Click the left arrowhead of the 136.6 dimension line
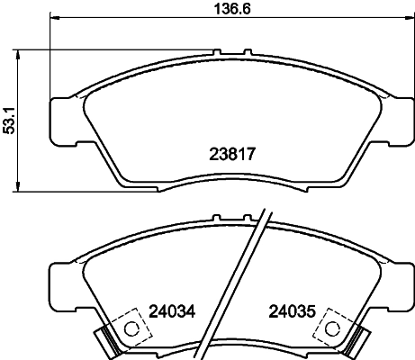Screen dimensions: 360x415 click(52, 18)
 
